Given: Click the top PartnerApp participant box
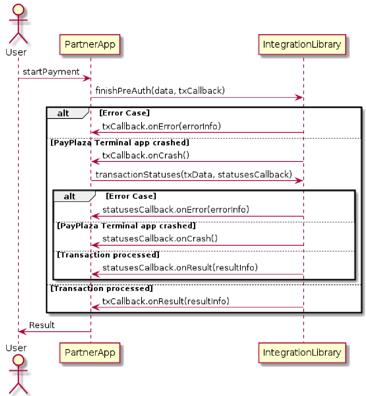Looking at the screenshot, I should pyautogui.click(x=90, y=45).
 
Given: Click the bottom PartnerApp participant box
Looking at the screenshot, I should pyautogui.click(x=90, y=353).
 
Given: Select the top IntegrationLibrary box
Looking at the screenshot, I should pyautogui.click(x=302, y=45).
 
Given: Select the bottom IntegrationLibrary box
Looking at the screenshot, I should pyautogui.click(x=302, y=353).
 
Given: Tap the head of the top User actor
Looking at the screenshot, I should pyautogui.click(x=18, y=10).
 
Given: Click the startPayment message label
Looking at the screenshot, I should pyautogui.click(x=51, y=72).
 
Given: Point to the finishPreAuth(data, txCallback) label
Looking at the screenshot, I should pyautogui.click(x=160, y=91).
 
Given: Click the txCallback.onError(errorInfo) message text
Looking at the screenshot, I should pyautogui.click(x=161, y=126).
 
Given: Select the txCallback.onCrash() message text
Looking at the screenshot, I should pyautogui.click(x=146, y=155).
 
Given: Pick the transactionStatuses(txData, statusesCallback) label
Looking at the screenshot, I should pyautogui.click(x=193, y=174).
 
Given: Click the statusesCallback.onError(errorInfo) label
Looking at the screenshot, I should pyautogui.click(x=176, y=210).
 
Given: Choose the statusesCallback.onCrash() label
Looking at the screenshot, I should pyautogui.click(x=160, y=238).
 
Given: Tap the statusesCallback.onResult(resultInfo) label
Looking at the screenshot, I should pyautogui.click(x=180, y=267).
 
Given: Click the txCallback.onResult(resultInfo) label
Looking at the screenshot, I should pyautogui.click(x=165, y=301).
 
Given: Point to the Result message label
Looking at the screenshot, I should pyautogui.click(x=42, y=325).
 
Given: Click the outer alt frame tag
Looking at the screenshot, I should pyautogui.click(x=63, y=113).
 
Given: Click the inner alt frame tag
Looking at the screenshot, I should pyautogui.click(x=70, y=196).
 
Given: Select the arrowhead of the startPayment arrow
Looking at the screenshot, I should pyautogui.click(x=87, y=78).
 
